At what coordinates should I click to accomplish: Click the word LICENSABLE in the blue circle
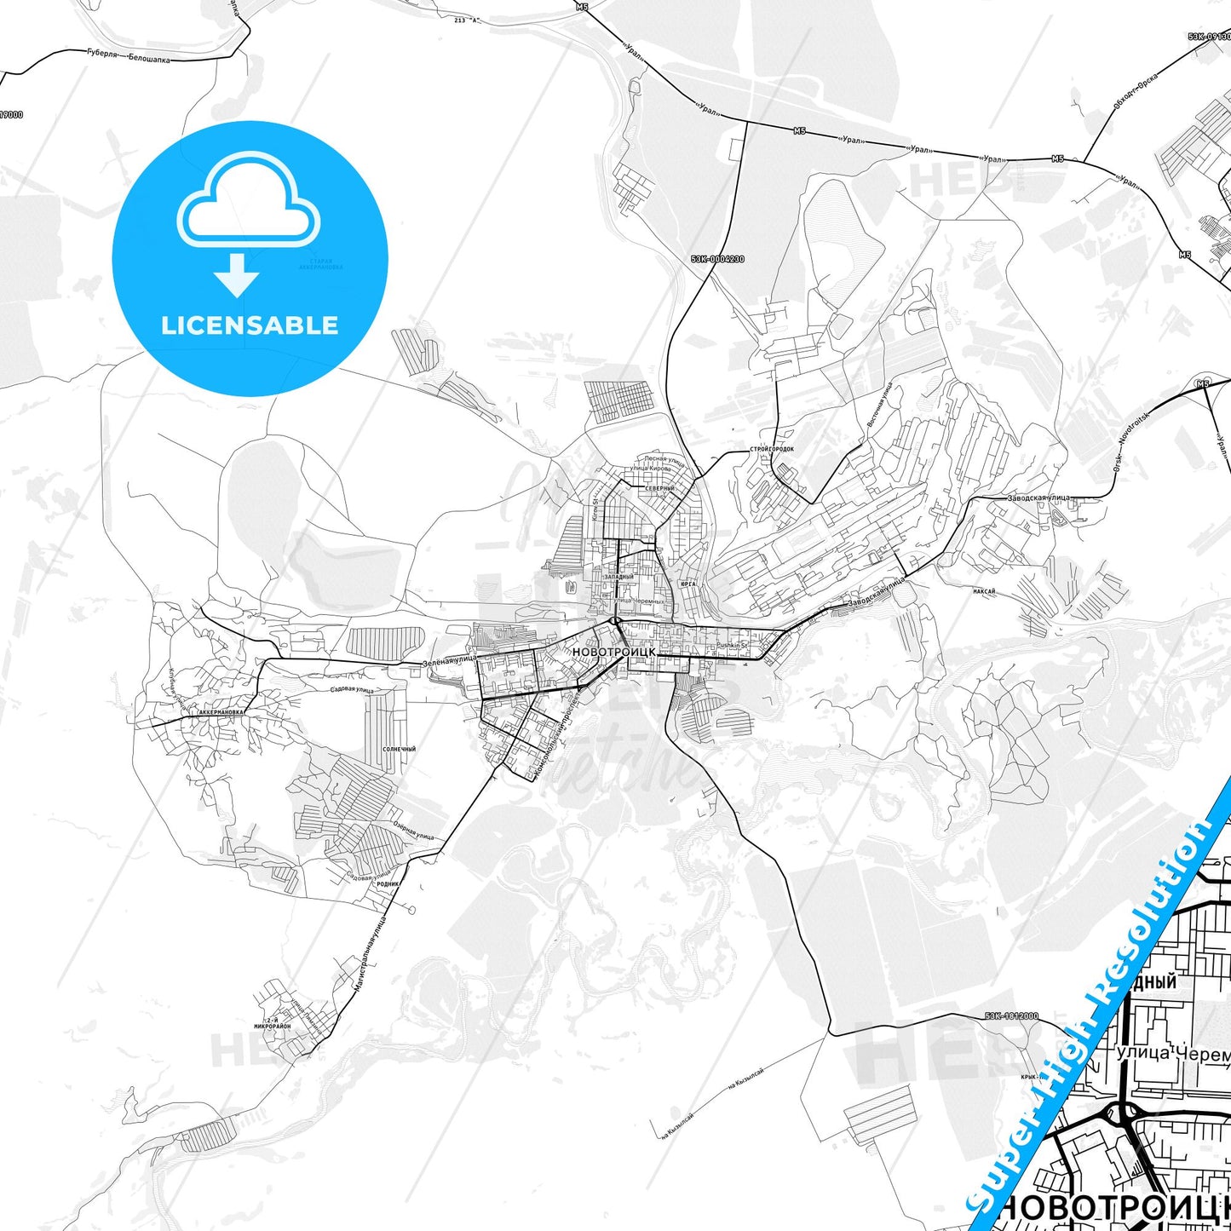click(250, 325)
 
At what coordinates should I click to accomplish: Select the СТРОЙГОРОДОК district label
click(772, 449)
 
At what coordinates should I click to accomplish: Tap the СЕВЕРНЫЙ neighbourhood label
click(659, 488)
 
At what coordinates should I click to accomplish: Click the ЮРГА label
click(688, 584)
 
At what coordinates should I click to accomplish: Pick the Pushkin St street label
click(732, 646)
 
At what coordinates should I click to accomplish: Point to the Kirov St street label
click(596, 509)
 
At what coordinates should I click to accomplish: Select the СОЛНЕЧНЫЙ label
click(400, 749)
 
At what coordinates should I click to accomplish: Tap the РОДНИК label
click(388, 883)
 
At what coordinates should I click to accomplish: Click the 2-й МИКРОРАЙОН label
click(278, 1023)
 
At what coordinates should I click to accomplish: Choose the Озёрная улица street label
click(414, 831)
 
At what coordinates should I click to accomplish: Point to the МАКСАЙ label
click(984, 590)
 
